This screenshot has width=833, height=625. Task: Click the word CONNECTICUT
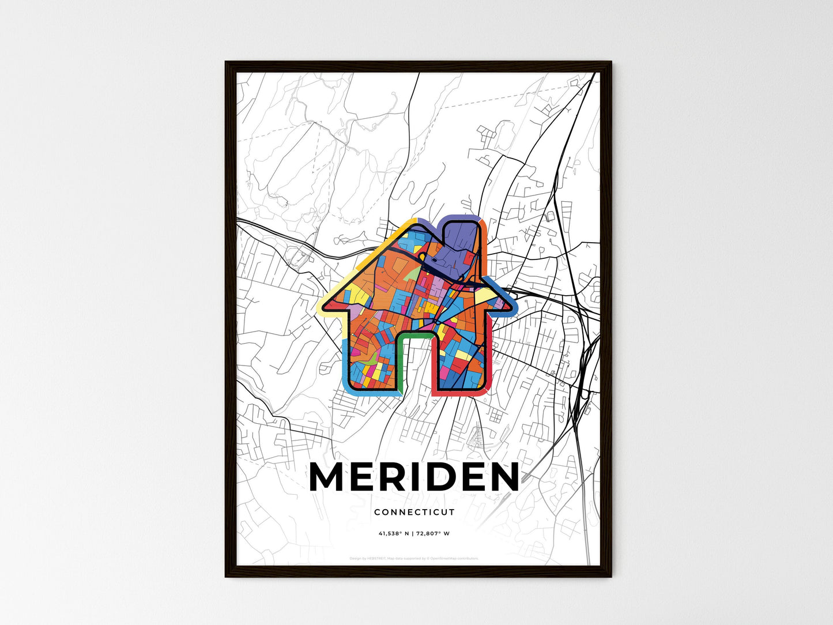[x=414, y=512]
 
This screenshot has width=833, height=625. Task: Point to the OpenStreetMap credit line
[x=414, y=558]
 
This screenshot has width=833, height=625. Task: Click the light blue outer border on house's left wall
[x=344, y=363]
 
